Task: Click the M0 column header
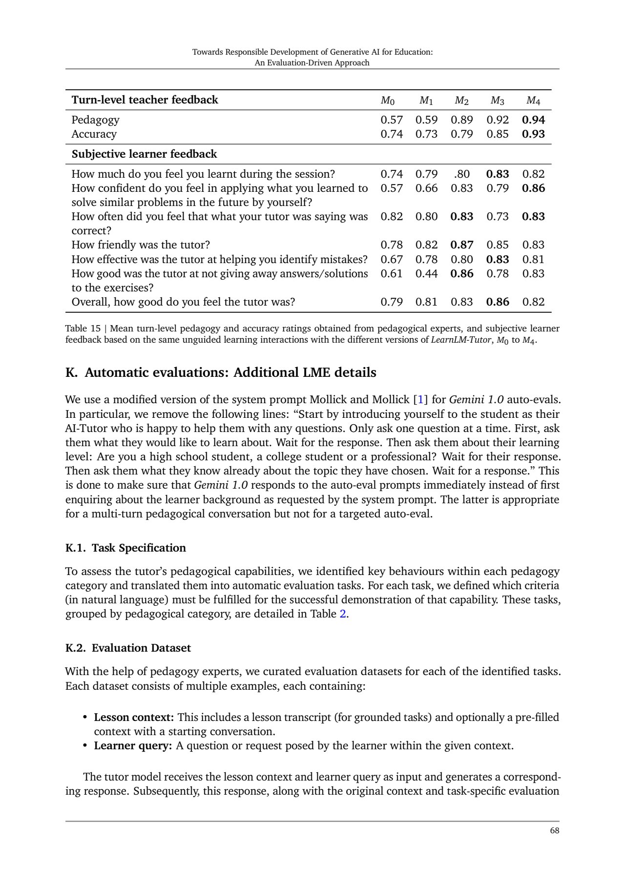coord(387,101)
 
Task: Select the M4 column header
coord(533,101)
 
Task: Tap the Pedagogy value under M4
coord(533,120)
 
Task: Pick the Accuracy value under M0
coord(392,134)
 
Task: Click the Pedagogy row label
coord(95,120)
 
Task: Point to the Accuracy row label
coord(94,134)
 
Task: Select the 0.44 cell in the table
coord(426,273)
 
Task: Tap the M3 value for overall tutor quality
coord(498,302)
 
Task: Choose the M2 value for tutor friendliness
coord(462,245)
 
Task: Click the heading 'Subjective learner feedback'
coord(144,154)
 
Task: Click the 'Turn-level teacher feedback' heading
coord(145,100)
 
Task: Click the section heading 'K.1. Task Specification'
coord(125,548)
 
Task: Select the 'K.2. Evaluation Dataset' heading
coord(128,648)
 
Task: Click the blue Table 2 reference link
coord(343,614)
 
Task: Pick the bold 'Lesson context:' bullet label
coord(134,717)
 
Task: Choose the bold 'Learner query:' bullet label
coord(133,745)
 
